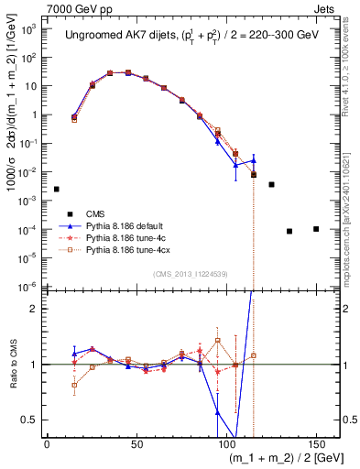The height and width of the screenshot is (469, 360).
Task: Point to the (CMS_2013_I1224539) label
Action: (x=191, y=273)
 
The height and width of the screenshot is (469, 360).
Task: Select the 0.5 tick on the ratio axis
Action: (x=32, y=420)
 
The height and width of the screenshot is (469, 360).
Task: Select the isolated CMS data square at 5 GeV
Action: (x=56, y=189)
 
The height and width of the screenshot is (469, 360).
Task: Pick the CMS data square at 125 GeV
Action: (x=271, y=184)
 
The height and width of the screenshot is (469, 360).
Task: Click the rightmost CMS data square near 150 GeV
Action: (x=316, y=228)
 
